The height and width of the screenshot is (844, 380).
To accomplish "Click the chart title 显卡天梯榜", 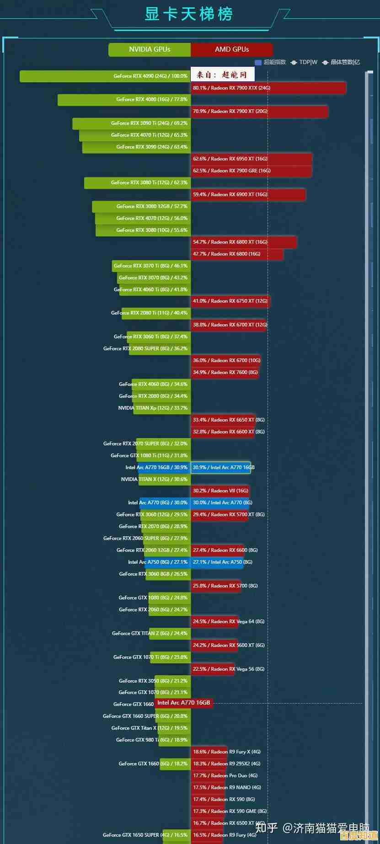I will [x=189, y=14].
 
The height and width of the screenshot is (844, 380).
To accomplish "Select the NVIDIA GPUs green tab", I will [x=150, y=49].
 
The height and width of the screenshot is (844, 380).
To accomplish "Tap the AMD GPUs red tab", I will [x=232, y=49].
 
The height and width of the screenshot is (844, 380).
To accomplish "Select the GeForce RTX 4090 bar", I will [x=105, y=76].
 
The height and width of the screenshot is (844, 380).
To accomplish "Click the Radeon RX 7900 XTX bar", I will [x=268, y=88].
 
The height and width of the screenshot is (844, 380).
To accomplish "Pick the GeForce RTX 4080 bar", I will [x=124, y=100].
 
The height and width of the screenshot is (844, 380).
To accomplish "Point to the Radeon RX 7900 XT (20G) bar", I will [x=259, y=112].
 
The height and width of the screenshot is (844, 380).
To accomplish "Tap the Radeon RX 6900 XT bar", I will [x=248, y=195].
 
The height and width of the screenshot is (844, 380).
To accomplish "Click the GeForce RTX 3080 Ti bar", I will [x=137, y=183].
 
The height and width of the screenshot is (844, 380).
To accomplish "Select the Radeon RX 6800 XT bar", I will [x=243, y=242].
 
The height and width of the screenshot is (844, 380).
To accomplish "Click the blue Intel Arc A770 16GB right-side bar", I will [x=220, y=467].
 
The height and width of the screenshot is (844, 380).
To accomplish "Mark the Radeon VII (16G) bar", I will [x=220, y=491].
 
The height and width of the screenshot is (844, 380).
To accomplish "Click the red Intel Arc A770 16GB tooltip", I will [x=183, y=703].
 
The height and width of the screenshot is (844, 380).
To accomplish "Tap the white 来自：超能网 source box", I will [x=222, y=75].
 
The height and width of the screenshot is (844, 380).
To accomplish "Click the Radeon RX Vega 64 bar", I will [x=214, y=621].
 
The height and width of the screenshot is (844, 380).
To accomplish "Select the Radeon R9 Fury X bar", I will [x=209, y=752].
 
